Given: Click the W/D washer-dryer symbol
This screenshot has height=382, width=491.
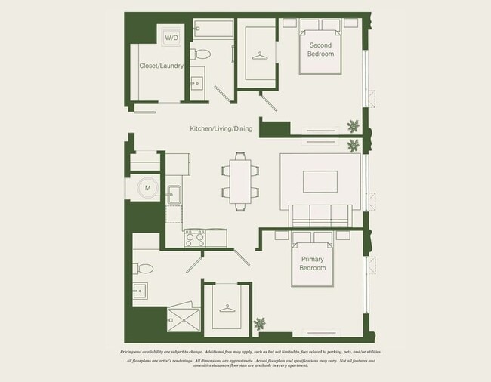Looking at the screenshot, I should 171,37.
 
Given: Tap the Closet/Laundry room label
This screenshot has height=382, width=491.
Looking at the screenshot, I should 162,66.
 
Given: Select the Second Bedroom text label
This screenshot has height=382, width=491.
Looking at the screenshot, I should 320,50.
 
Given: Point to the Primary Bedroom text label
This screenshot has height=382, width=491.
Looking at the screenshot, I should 312,263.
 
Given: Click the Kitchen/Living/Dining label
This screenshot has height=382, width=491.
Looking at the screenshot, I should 221,129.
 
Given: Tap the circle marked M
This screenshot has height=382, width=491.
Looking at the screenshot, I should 147,187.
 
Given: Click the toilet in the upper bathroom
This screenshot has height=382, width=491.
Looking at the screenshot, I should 202,54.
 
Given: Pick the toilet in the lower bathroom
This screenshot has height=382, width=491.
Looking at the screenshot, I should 144,268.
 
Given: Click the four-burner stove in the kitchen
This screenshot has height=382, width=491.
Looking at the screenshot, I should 195,238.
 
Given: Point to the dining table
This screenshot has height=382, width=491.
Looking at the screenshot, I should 240,181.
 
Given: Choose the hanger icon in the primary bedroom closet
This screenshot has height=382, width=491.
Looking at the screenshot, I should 227,308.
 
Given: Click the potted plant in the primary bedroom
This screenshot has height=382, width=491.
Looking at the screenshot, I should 261,325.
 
